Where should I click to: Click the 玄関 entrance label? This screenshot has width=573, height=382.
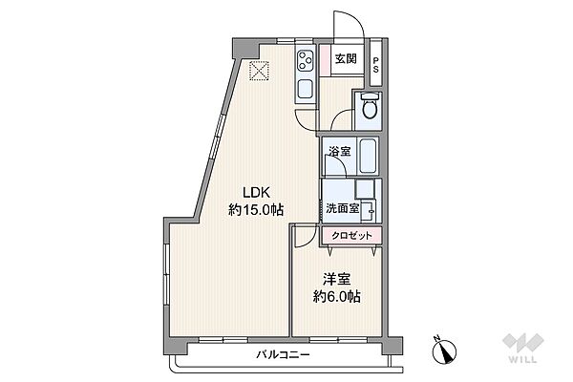[346, 58]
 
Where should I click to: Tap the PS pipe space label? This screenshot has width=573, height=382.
[375, 64]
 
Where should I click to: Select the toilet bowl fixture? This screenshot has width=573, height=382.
[369, 106]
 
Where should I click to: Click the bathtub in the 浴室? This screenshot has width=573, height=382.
[368, 157]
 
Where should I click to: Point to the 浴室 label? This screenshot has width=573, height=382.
[339, 151]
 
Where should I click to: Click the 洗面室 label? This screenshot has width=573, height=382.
[343, 209]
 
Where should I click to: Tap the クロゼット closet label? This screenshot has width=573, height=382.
[351, 236]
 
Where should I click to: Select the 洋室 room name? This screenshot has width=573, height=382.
[336, 280]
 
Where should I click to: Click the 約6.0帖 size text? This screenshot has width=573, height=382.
[336, 296]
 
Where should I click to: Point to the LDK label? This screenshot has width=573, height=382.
[257, 192]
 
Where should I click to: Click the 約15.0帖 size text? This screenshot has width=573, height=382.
[256, 210]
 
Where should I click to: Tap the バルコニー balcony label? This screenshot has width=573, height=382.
[283, 354]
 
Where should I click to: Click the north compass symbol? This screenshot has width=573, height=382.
[444, 350]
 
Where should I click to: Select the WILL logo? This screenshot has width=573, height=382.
[523, 348]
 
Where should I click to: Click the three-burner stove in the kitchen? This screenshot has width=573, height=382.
[306, 61]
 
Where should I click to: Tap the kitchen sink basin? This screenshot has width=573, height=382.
[306, 89]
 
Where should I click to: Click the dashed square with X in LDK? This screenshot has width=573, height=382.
[259, 71]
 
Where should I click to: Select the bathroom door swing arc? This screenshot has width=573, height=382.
[340, 159]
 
